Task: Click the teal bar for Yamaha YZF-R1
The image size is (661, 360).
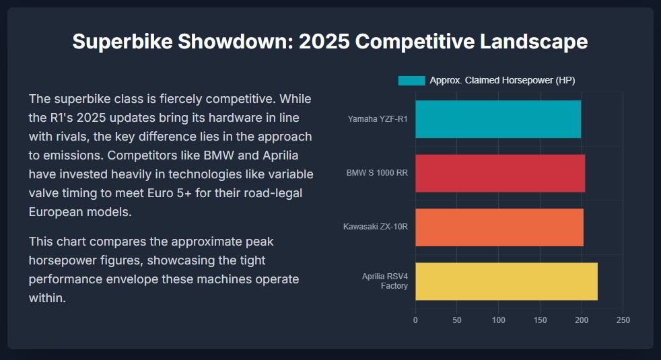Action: pyautogui.click(x=498, y=119)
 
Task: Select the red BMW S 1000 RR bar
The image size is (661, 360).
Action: pyautogui.click(x=500, y=173)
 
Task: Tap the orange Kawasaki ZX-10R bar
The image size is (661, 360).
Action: pyautogui.click(x=499, y=227)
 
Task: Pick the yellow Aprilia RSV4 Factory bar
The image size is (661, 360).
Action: pyautogui.click(x=506, y=281)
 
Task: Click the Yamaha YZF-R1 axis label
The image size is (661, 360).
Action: pyautogui.click(x=378, y=119)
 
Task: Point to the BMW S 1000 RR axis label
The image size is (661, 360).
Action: pyautogui.click(x=377, y=173)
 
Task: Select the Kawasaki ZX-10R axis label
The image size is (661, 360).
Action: pyautogui.click(x=376, y=227)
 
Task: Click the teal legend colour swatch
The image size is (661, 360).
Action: pyautogui.click(x=411, y=81)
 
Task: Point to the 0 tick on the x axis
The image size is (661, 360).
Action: pyautogui.click(x=415, y=320)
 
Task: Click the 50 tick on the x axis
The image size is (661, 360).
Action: pyautogui.click(x=457, y=320)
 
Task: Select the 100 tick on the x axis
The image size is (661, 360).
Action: pyautogui.click(x=499, y=320)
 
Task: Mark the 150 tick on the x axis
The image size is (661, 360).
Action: pyautogui.click(x=540, y=320)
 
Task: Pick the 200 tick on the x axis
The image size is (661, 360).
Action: pyautogui.click(x=582, y=320)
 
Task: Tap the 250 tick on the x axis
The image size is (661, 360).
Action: pyautogui.click(x=623, y=320)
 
